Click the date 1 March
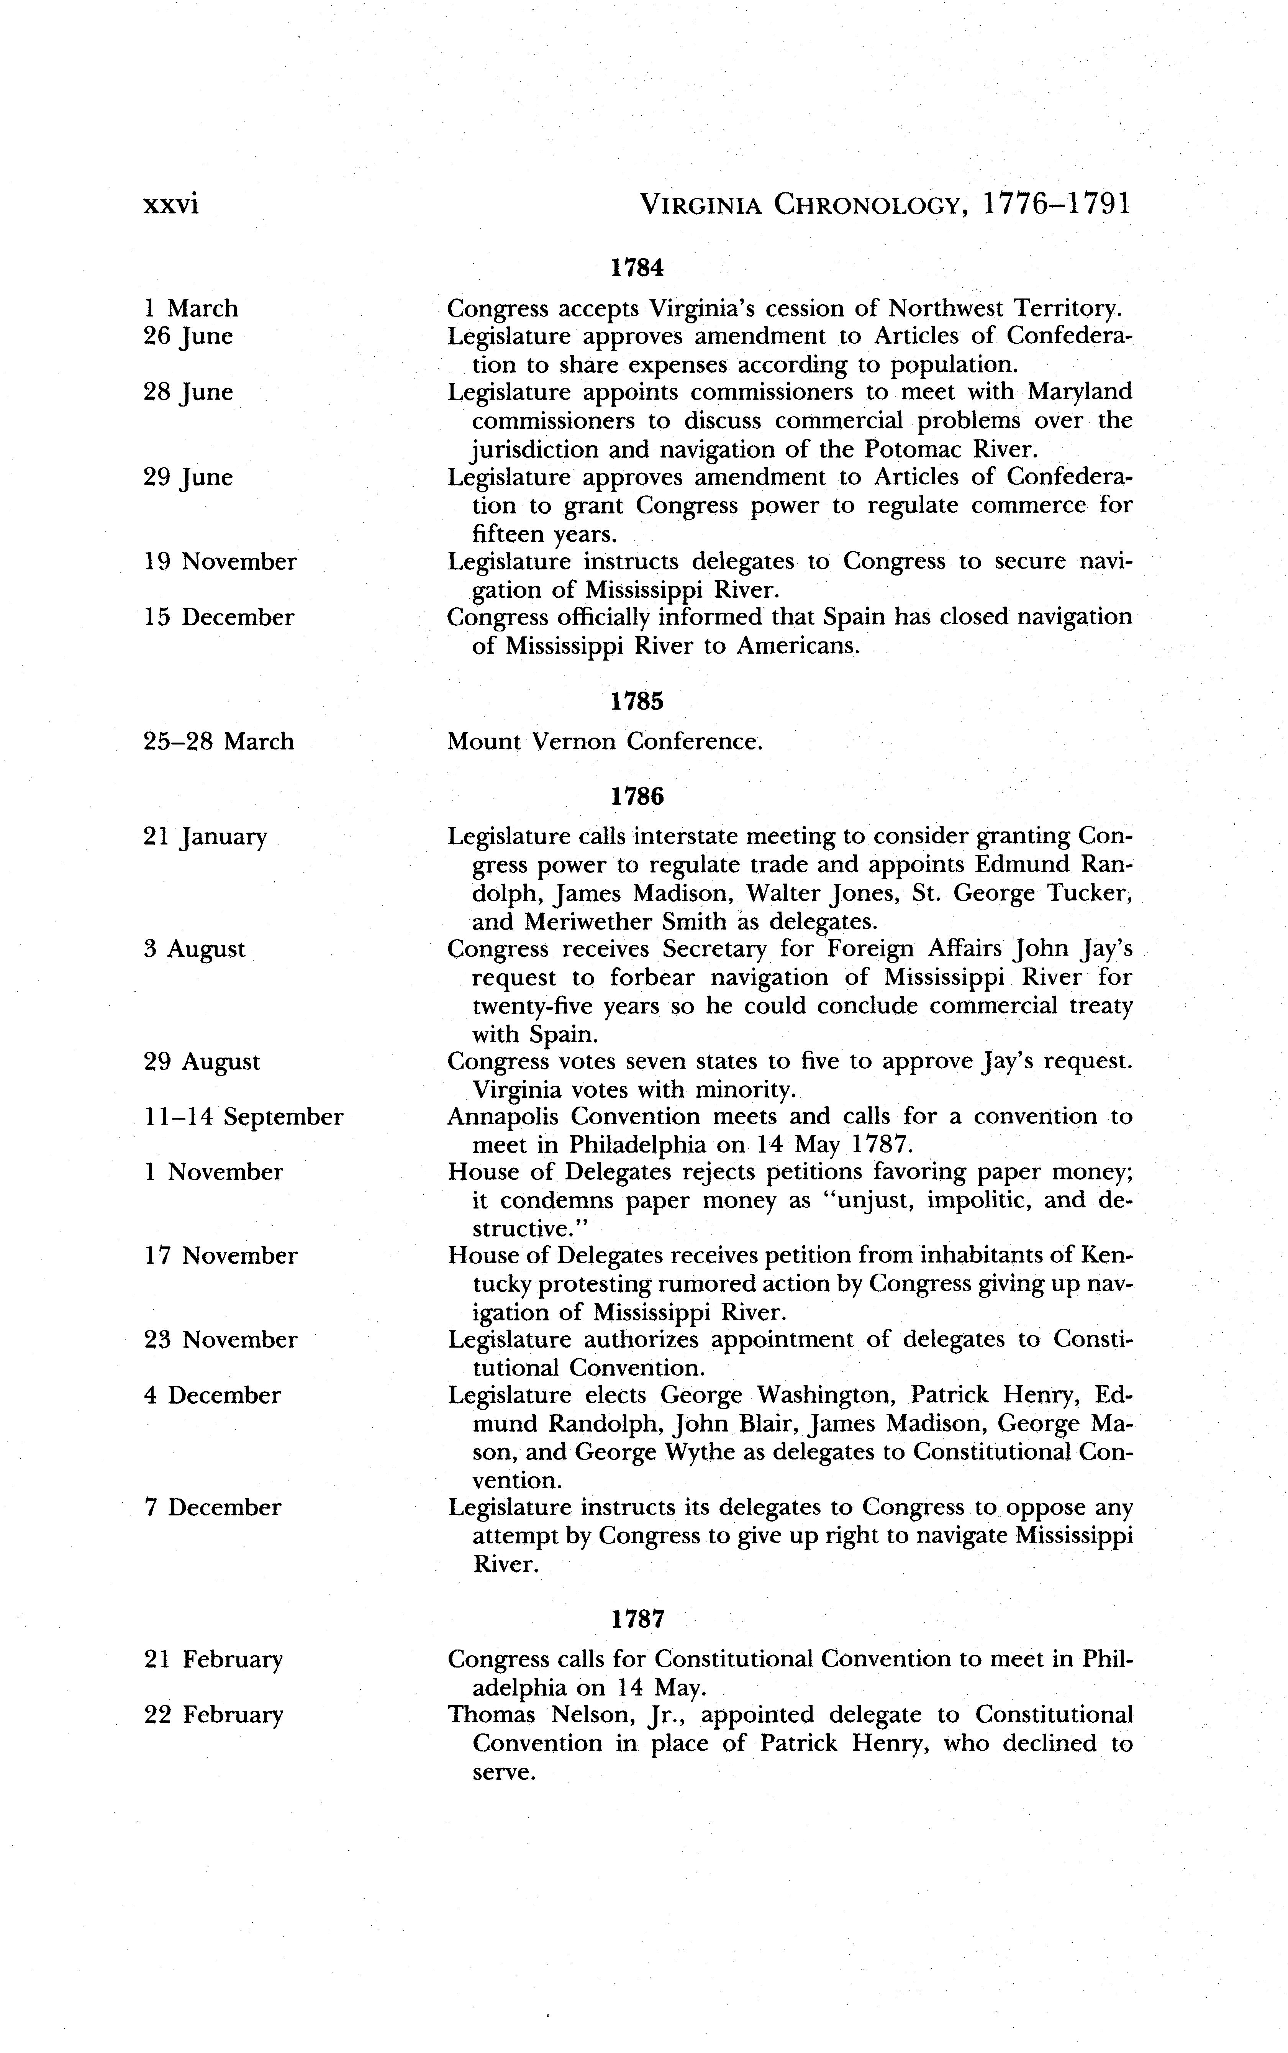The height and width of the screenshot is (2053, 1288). coord(191,308)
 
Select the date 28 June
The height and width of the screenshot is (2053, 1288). coord(188,393)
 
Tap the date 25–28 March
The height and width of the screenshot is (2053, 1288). coord(219,741)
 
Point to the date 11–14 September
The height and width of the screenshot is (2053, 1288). coord(244,1117)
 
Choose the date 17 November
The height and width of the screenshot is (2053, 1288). coord(221,1256)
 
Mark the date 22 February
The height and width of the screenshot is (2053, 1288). coord(213,1715)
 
